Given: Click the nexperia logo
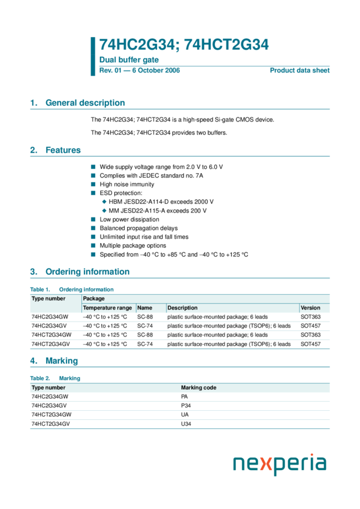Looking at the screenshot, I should tap(279, 464).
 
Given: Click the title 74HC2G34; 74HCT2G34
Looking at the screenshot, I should tap(183, 45).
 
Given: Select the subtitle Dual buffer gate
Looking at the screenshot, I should tap(129, 60).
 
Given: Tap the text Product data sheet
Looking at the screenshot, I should tap(300, 71).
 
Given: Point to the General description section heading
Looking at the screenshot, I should tap(85, 103).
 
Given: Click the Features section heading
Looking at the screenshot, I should tap(63, 150).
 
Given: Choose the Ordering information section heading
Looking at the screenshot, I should tap(87, 272).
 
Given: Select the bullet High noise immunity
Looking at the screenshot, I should tap(126, 185).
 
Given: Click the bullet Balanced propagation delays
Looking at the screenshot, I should tap(138, 228).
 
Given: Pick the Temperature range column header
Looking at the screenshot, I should tap(107, 308).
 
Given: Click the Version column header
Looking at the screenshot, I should tap(310, 308).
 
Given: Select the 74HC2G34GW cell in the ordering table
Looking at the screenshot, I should tap(50, 317).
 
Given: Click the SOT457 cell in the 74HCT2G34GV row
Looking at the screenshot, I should tap(310, 344).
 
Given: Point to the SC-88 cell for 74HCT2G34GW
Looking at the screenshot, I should tap(145, 335).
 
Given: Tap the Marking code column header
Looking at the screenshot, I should tap(199, 387).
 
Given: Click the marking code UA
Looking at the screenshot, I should tap(184, 414).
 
